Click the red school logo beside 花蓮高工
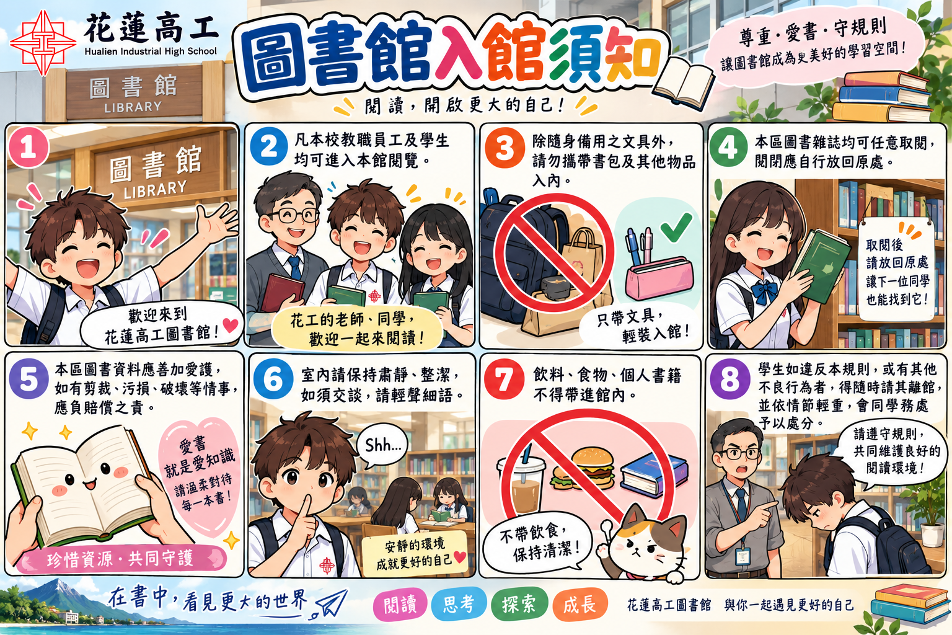(43, 43)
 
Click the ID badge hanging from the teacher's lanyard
(742, 556)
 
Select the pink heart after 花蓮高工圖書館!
(231, 325)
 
